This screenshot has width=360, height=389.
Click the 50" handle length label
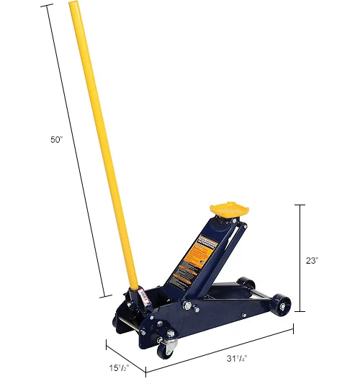coord(57,140)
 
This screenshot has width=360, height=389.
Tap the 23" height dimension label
coord(311,261)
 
